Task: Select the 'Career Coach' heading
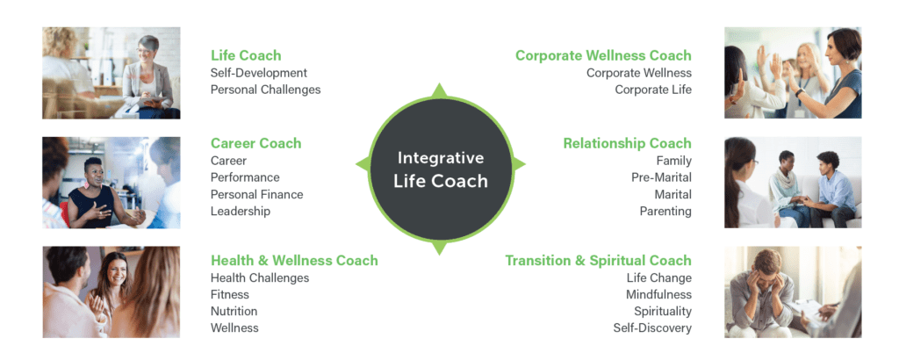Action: point(255,143)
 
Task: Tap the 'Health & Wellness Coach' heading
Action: point(294,260)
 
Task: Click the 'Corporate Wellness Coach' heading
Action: point(603,55)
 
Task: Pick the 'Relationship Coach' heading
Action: point(627,143)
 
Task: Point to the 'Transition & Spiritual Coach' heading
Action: point(598,260)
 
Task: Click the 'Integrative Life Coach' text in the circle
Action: point(441,169)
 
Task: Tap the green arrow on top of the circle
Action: point(441,90)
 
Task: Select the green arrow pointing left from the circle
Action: point(362,164)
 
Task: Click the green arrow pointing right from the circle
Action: point(519,164)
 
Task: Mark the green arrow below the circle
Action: point(441,248)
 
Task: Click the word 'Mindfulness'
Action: point(658,294)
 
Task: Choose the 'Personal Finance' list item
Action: point(256,194)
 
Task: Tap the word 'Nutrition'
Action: point(234,311)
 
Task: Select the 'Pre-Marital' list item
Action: point(663,177)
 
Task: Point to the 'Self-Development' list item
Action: point(259,73)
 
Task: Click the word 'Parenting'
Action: point(665,211)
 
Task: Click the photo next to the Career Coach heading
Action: point(111,182)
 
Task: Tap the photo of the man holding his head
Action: point(792,292)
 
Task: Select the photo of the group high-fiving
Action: point(792,73)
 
